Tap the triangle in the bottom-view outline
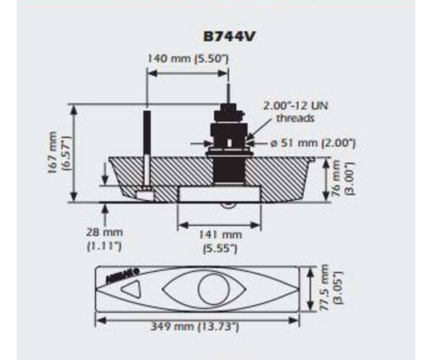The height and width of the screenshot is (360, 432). click(x=132, y=290)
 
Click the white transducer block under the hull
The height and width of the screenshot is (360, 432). click(x=218, y=194)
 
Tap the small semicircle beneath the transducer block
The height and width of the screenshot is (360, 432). click(x=228, y=206)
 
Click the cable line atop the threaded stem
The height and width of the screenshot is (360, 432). click(x=228, y=94)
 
